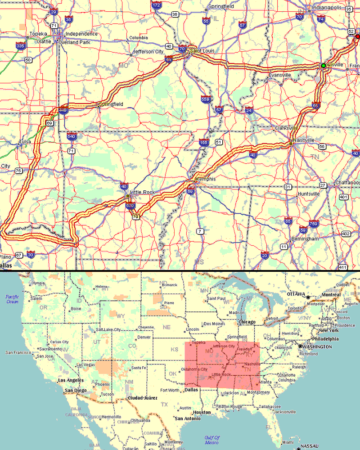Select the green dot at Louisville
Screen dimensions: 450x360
pos(323,66)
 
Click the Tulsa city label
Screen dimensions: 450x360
pos(24,142)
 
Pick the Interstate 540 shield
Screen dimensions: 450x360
pos(71,136)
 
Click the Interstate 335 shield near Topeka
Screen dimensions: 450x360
pos(20,45)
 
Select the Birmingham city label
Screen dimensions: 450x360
pos(305,238)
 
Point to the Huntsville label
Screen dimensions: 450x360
pos(309,194)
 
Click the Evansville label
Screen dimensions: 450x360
pos(280,75)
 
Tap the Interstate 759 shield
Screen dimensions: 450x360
pos(314,225)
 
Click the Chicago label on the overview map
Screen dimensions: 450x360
pos(247,322)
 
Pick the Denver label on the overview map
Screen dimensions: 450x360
pos(144,337)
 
